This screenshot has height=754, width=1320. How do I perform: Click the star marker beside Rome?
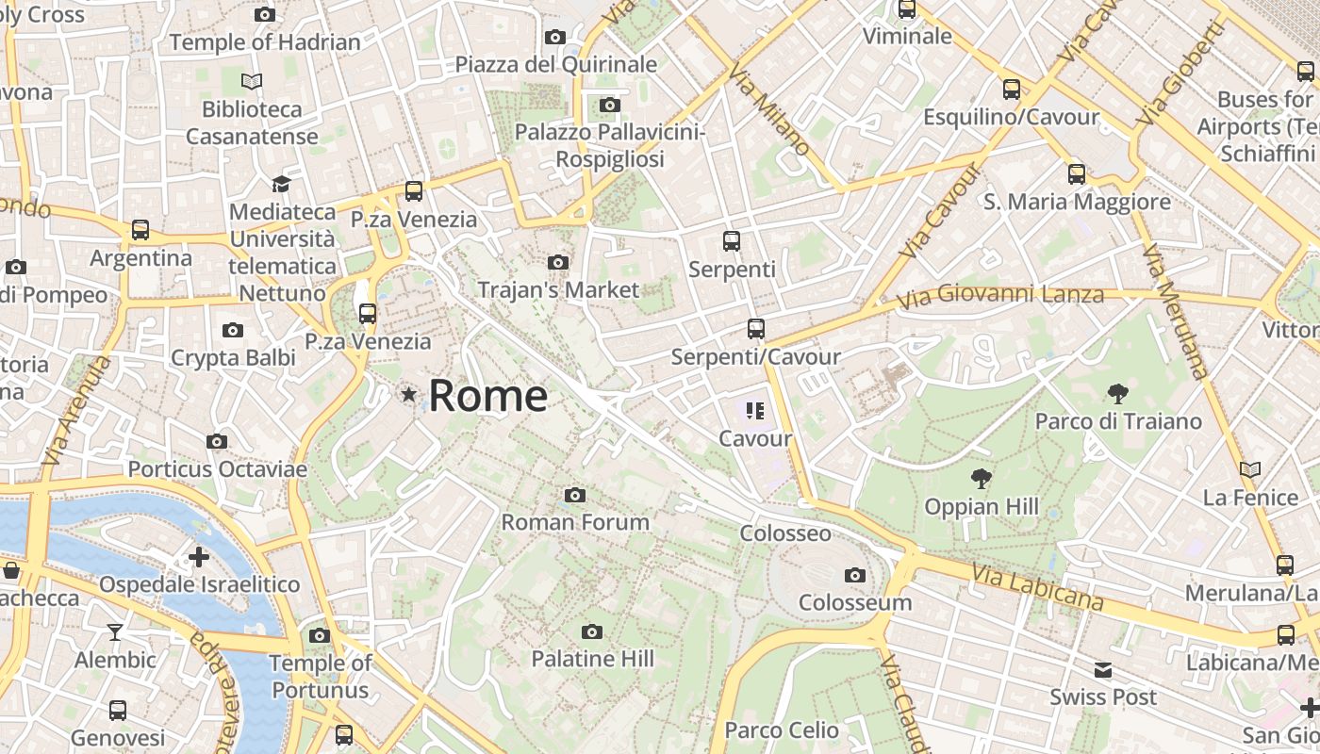[x=408, y=395]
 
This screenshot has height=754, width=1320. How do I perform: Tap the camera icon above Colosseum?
[x=855, y=575]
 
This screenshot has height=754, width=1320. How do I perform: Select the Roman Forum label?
[x=575, y=522]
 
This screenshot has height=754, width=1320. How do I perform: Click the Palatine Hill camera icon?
[x=592, y=631]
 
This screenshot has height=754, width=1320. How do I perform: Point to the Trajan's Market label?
[x=558, y=289]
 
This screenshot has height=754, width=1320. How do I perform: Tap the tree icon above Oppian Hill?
[x=982, y=479]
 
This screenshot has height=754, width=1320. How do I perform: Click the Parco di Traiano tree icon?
[x=1118, y=393]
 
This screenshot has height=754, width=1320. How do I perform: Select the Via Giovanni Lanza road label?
[x=1000, y=296]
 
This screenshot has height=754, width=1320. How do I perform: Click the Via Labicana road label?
[x=1037, y=586]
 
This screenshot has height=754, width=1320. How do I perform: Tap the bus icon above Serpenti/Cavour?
[x=755, y=329]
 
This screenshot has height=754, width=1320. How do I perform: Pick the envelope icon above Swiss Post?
[x=1103, y=670]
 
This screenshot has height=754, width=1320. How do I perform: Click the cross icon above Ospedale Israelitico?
[x=199, y=557]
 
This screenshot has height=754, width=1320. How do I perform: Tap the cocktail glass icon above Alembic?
[x=115, y=631]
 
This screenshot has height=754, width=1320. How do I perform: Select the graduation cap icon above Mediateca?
[x=281, y=183]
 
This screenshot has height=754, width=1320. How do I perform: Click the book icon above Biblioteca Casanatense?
[x=252, y=81]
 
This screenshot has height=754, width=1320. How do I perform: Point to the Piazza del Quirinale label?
[x=556, y=64]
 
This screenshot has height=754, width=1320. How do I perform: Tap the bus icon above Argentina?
[x=140, y=229]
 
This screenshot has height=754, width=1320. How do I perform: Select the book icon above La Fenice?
[x=1250, y=469]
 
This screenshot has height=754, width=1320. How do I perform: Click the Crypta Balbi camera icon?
[x=233, y=330]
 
